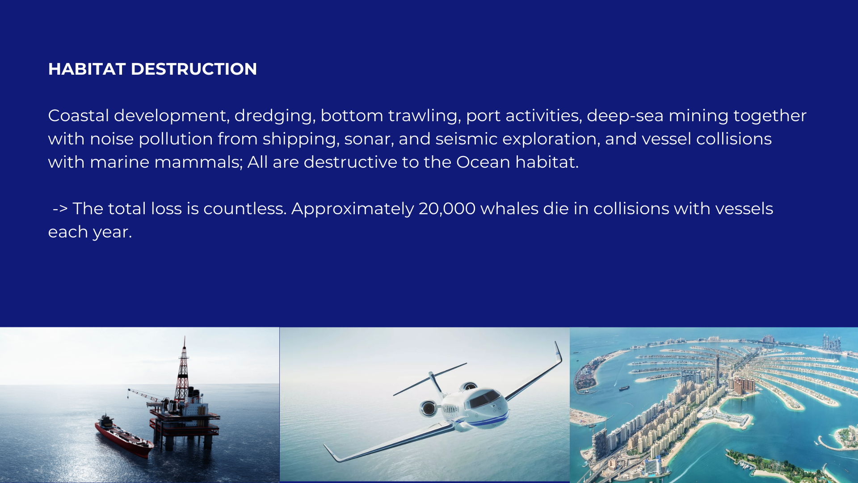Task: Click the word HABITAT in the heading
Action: pos(87,69)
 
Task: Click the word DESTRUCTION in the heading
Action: pos(193,69)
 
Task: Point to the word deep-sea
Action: pos(625,116)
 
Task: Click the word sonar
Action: pos(369,139)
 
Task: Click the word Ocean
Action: pos(483,162)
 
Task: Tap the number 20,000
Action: pos(447,209)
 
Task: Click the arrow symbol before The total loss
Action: pos(60,209)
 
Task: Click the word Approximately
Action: pos(353,209)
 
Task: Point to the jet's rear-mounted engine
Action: pos(428,407)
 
